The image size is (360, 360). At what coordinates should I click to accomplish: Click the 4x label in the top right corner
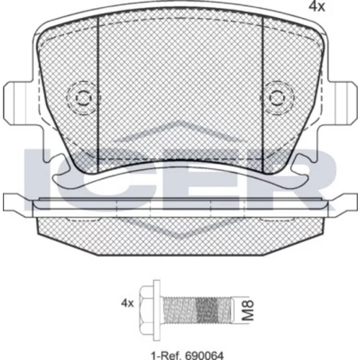[317, 7]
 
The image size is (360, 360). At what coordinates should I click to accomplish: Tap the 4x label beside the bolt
[127, 303]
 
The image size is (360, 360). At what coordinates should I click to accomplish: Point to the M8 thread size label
[248, 310]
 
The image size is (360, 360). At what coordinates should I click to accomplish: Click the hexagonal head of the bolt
[146, 310]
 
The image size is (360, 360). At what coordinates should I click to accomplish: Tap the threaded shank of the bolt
[197, 310]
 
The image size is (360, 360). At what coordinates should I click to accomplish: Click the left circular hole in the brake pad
[84, 98]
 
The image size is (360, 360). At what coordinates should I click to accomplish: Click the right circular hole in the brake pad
[277, 98]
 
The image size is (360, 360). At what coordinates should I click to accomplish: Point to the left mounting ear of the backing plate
[18, 103]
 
